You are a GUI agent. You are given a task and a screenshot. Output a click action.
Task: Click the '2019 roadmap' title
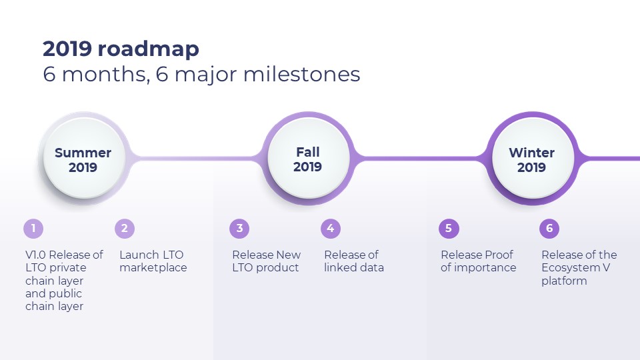(x=121, y=49)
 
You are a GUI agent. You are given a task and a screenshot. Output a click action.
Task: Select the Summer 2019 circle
(x=84, y=159)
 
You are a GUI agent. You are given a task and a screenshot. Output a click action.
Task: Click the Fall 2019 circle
(x=308, y=159)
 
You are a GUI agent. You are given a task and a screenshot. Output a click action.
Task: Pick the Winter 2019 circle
(x=532, y=159)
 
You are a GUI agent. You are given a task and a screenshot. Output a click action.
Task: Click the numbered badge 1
(x=33, y=229)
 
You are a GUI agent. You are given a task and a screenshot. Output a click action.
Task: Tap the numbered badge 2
(x=125, y=229)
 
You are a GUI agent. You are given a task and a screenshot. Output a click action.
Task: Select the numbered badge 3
(x=239, y=229)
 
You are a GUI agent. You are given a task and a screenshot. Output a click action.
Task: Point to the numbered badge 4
(x=331, y=229)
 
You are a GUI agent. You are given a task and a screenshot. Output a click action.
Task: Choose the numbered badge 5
(x=449, y=229)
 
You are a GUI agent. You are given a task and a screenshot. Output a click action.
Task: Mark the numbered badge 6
(x=549, y=229)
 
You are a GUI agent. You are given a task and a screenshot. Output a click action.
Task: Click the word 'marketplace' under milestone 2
(x=153, y=268)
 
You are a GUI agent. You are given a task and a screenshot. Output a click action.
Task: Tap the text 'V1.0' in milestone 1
(x=35, y=255)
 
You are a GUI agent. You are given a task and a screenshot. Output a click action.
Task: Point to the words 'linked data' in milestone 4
(x=354, y=268)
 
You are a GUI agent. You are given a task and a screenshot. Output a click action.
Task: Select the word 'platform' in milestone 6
(x=564, y=281)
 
